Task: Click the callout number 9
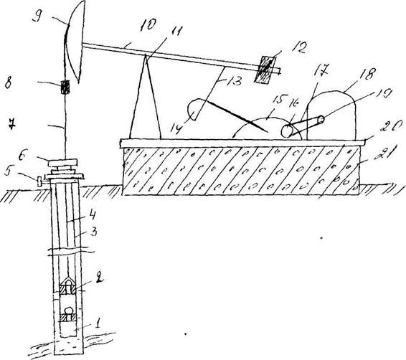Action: pos(38,18)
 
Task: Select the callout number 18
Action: pos(368,73)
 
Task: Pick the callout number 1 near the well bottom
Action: pos(98,323)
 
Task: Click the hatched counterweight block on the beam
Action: pos(265,70)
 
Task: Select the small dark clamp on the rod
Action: pos(65,87)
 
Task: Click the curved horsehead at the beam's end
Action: pos(75,42)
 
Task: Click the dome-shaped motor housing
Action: pos(331,115)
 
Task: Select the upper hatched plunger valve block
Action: pos(68,288)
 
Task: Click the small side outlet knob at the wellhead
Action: pos(40,181)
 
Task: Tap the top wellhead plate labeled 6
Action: pos(62,163)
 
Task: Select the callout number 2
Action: pos(99,279)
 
